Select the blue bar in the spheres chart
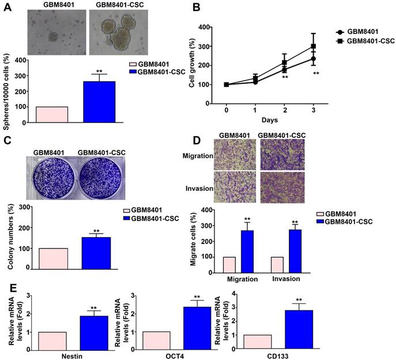99,102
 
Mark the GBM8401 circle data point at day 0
227,85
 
